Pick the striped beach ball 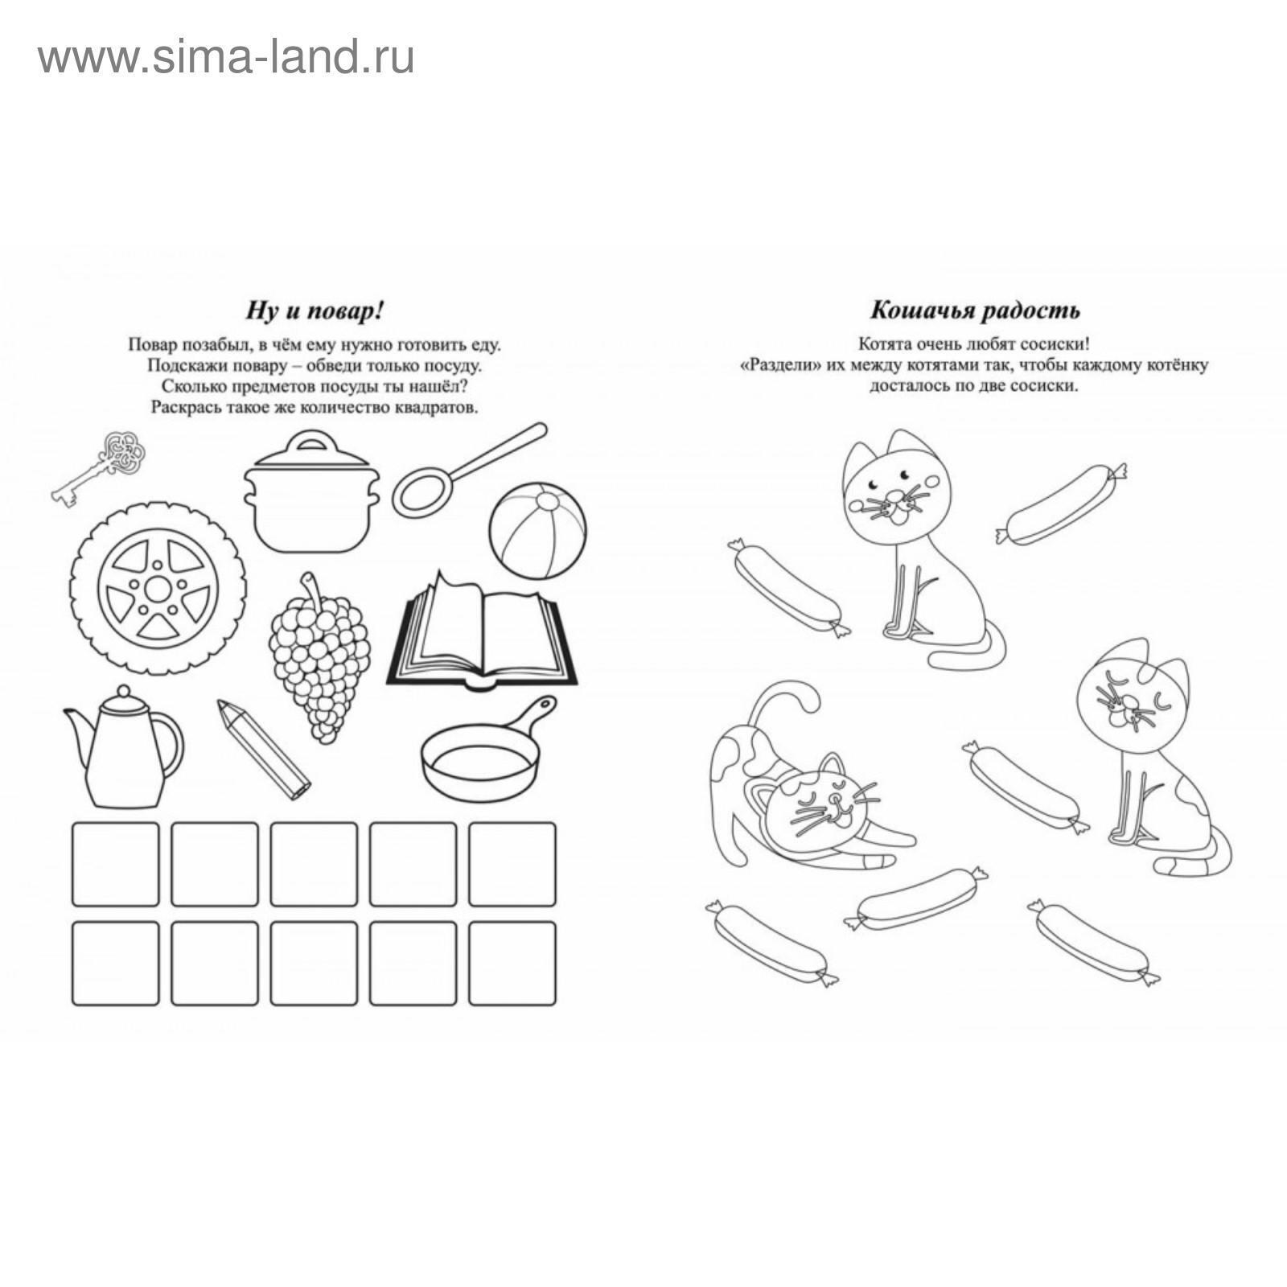point(537,531)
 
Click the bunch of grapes point(319,656)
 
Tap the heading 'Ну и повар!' point(314,310)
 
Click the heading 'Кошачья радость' point(976,310)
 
